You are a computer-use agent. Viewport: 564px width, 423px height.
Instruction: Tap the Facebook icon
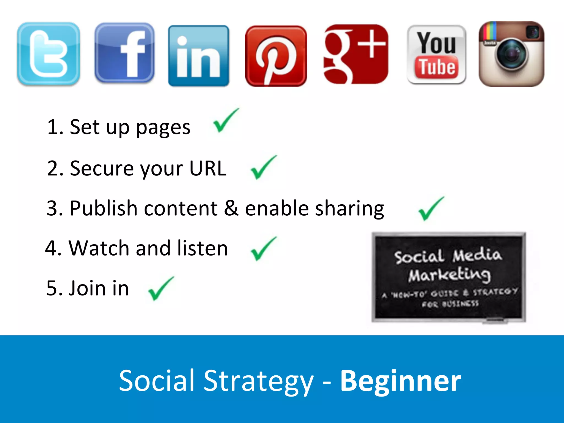click(124, 53)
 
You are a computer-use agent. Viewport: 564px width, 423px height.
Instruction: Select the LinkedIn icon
click(199, 56)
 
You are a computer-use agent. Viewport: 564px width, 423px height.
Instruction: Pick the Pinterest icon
click(276, 56)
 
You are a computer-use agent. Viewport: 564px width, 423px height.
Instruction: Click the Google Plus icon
click(356, 54)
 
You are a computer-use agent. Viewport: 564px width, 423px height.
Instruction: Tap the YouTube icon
click(436, 54)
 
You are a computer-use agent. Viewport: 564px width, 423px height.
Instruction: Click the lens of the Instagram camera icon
click(511, 54)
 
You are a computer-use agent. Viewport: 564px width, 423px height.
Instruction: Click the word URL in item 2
click(208, 168)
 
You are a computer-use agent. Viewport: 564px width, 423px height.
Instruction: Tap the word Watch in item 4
click(99, 248)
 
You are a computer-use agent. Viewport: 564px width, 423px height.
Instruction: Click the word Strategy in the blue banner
click(258, 382)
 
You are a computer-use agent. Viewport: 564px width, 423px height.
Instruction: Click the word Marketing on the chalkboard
click(449, 275)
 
